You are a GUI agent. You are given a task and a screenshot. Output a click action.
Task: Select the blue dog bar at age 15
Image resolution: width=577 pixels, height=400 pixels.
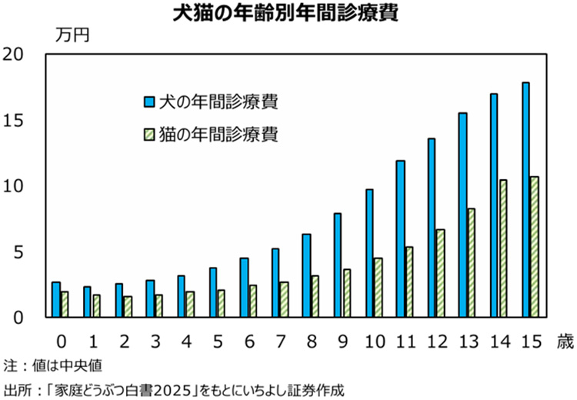(x=525, y=200)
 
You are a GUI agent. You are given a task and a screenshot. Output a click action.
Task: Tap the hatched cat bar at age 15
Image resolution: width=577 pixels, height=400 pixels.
(x=534, y=247)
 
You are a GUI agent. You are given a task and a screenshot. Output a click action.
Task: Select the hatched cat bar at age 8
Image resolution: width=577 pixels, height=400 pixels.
(x=315, y=296)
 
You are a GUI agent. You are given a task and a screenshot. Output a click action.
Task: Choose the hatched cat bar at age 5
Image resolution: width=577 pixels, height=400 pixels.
(x=220, y=304)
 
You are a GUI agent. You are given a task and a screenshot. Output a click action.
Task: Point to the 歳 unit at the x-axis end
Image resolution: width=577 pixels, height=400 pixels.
(x=564, y=339)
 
